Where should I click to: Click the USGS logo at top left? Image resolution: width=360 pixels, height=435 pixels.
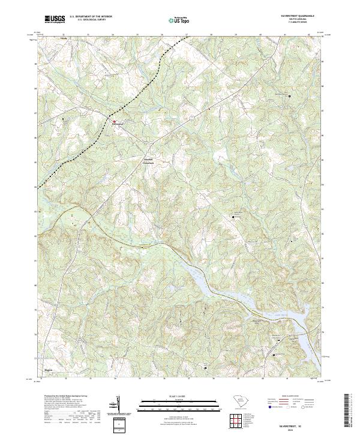(x=55, y=20)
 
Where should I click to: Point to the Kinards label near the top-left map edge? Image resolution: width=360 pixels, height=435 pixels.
(x=63, y=37)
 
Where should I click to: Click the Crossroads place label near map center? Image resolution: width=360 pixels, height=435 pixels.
(x=148, y=163)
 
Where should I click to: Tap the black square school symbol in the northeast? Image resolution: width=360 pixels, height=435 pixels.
(x=289, y=96)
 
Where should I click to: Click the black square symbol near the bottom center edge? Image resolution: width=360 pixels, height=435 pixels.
(x=206, y=367)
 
